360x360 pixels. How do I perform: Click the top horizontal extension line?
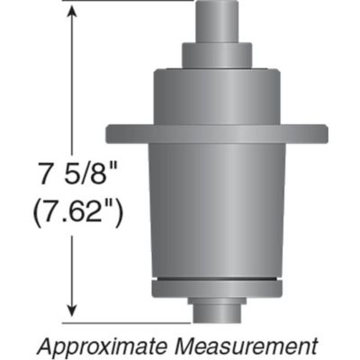pos(126,2)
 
